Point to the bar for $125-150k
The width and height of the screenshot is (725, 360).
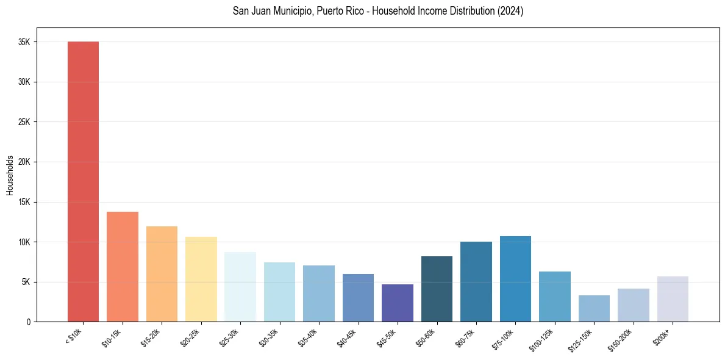click(x=594, y=308)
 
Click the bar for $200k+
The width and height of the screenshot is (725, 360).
click(x=673, y=299)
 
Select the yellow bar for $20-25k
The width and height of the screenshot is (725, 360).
click(x=201, y=279)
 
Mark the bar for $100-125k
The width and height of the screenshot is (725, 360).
click(x=555, y=297)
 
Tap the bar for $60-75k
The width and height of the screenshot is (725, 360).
click(x=476, y=281)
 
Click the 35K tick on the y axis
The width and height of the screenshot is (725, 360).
click(x=24, y=42)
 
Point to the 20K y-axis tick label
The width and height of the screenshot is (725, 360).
click(x=24, y=162)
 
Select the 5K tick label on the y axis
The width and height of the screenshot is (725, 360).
click(x=26, y=282)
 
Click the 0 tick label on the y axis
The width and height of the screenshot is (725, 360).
click(x=29, y=322)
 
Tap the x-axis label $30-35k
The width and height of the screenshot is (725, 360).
click(x=269, y=338)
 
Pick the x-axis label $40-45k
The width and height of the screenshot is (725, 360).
click(x=348, y=338)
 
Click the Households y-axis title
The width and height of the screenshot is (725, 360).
click(x=10, y=175)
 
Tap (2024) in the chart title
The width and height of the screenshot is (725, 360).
click(x=510, y=11)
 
